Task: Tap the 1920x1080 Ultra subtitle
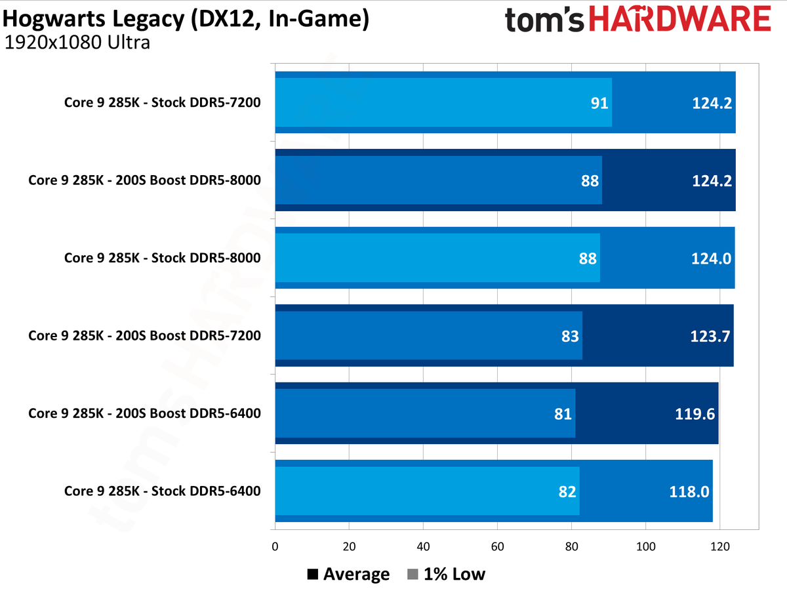(77, 43)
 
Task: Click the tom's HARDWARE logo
(637, 19)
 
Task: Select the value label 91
(599, 103)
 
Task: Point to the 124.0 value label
(712, 258)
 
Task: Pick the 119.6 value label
(696, 413)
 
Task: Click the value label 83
(570, 336)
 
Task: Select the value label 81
(563, 413)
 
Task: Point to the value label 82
(567, 491)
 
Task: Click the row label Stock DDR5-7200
(162, 102)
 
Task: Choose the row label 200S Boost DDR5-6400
(144, 413)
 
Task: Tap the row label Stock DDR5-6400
(162, 491)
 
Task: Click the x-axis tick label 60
(497, 546)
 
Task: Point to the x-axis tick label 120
(719, 546)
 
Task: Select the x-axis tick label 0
(275, 546)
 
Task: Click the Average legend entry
(348, 575)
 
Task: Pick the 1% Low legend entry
(446, 575)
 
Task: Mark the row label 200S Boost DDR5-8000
(144, 180)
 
